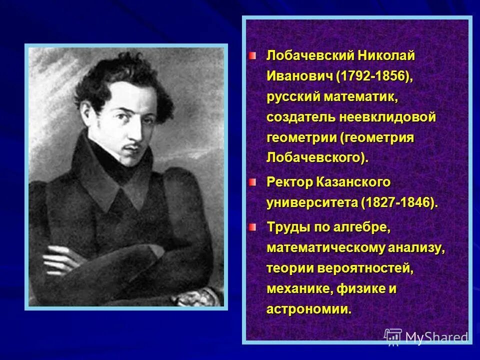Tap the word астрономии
(x=308, y=309)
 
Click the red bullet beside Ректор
(x=253, y=182)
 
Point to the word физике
(x=359, y=289)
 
